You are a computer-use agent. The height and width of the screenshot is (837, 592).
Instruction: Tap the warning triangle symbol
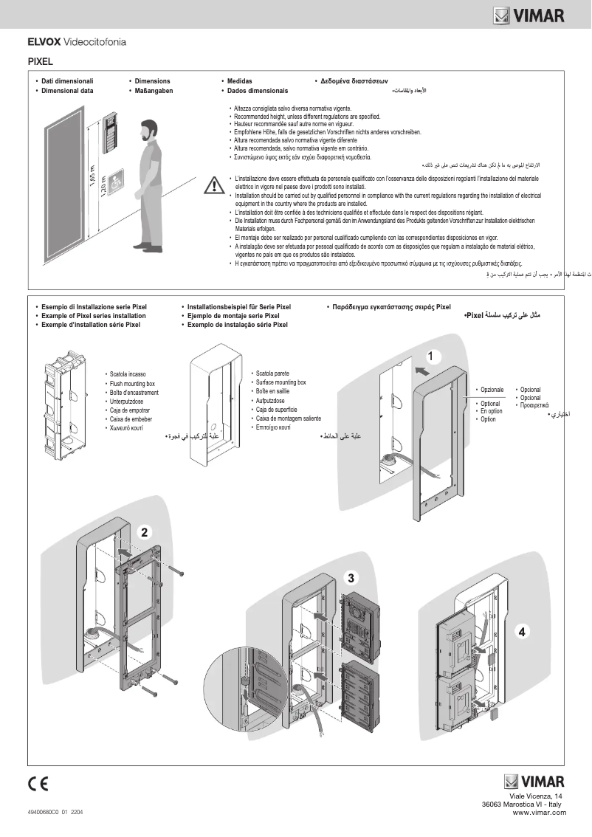(x=213, y=184)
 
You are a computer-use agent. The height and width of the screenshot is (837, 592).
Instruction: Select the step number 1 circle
(x=434, y=356)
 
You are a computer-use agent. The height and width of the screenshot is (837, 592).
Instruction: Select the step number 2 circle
(x=145, y=531)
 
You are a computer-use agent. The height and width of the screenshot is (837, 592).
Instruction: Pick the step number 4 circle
(x=522, y=632)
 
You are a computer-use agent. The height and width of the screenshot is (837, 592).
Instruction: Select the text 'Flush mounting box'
(x=132, y=384)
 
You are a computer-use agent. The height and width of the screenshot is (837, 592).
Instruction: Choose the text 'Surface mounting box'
(x=280, y=383)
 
